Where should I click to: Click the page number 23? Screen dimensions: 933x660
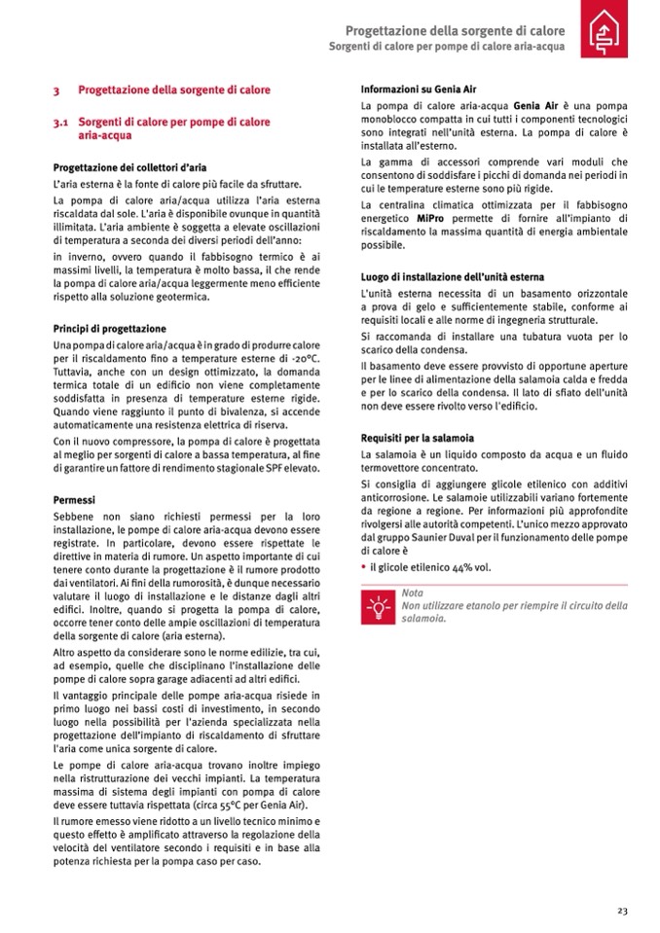tap(621, 910)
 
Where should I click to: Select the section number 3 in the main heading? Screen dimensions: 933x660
tap(57, 90)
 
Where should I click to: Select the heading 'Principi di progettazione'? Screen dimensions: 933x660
tap(109, 329)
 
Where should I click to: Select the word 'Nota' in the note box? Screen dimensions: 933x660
tap(413, 592)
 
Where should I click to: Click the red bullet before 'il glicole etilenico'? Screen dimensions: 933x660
tap(363, 566)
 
